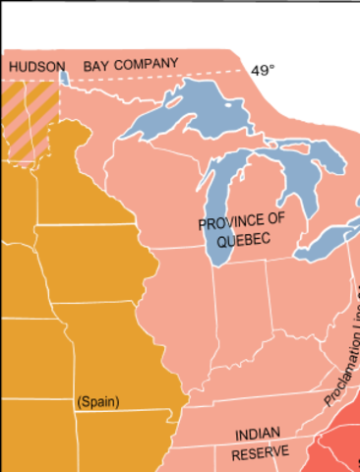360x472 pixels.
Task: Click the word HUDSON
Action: pos(37,67)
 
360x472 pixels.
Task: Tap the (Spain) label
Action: pos(97,401)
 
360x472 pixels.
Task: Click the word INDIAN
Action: pos(259,434)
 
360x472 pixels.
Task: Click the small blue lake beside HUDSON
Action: pos(64,78)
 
